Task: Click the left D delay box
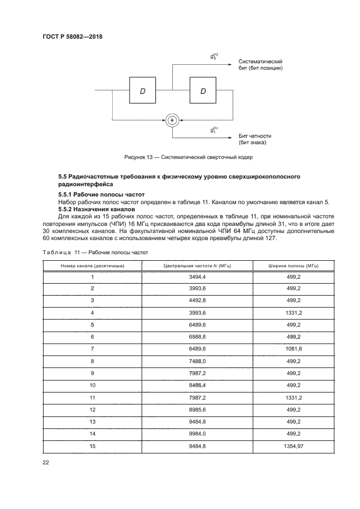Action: click(143, 91)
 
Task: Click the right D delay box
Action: click(203, 91)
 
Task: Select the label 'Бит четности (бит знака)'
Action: click(254, 139)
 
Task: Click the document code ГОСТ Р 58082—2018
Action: click(72, 36)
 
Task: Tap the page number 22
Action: click(46, 463)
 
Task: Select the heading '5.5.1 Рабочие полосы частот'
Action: click(93, 195)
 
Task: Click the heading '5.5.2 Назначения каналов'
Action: click(95, 209)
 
